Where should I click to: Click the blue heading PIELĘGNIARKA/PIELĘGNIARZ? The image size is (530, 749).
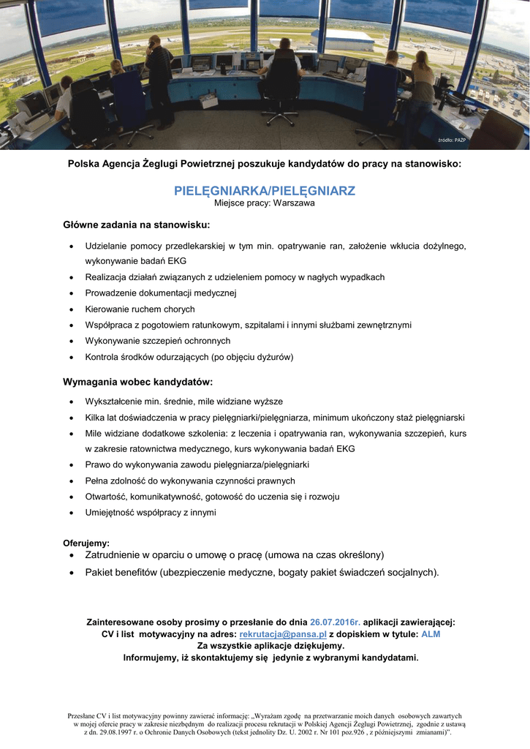(264, 191)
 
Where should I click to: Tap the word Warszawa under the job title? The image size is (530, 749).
(294, 203)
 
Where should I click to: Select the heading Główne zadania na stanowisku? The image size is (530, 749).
(137, 225)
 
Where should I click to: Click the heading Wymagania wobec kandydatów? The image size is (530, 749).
(138, 382)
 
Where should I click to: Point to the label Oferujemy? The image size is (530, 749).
(86, 543)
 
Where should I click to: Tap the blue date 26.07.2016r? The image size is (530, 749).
(335, 622)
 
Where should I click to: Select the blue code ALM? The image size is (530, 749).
(431, 634)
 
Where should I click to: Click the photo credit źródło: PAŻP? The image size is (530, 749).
(452, 140)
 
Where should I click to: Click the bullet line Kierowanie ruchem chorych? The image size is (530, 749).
(140, 309)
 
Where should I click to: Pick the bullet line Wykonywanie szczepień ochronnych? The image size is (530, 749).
(157, 341)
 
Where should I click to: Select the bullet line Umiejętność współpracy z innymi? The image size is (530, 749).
(150, 513)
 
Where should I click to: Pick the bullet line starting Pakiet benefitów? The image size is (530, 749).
(262, 572)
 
